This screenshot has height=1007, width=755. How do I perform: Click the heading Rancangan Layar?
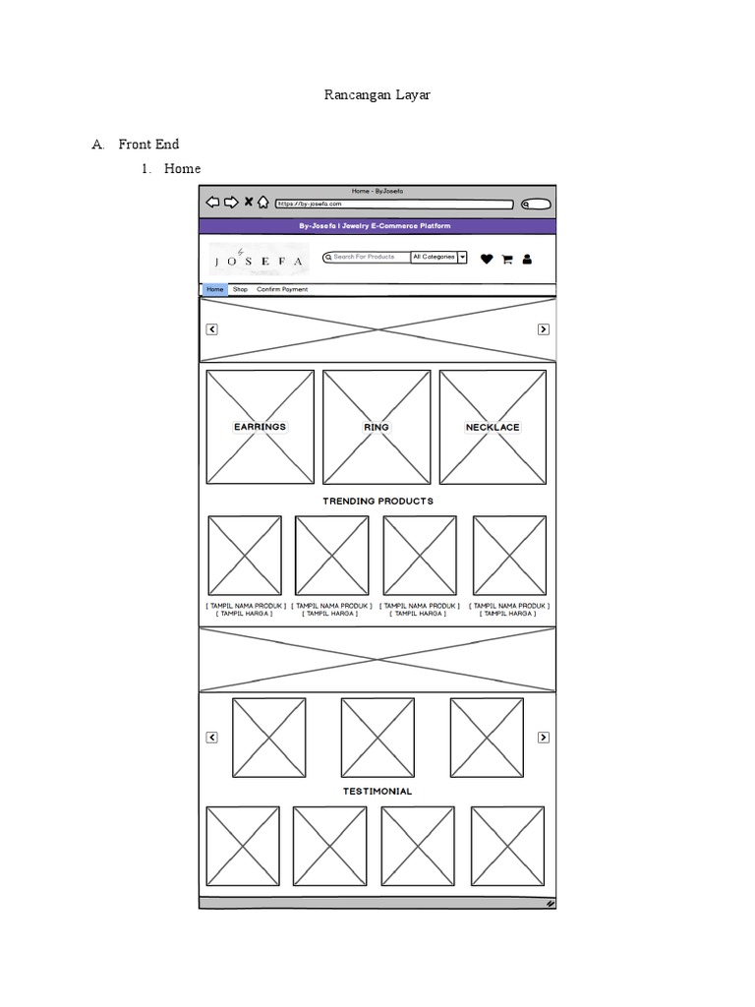click(377, 95)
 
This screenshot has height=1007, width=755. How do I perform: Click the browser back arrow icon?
click(212, 203)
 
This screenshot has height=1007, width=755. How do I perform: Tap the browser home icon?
click(263, 203)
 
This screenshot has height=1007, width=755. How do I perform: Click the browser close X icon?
click(249, 203)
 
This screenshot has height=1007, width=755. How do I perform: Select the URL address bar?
click(393, 204)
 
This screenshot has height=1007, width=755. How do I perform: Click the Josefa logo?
click(259, 259)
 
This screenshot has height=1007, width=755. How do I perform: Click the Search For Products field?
click(367, 257)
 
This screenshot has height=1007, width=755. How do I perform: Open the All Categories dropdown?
click(438, 257)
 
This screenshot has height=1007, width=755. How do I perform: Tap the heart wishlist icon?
click(487, 260)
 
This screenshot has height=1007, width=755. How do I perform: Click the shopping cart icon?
click(507, 260)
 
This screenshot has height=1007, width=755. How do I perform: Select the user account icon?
click(527, 260)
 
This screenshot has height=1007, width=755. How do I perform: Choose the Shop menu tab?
click(240, 289)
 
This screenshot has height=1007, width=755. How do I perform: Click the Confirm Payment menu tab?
click(282, 289)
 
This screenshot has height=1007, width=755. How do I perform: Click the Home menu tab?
click(214, 289)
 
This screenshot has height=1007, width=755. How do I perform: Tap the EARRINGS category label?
click(260, 427)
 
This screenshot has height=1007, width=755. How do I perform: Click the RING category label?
click(377, 427)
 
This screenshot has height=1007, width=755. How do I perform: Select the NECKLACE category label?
click(493, 427)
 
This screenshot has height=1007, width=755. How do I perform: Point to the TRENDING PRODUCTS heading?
click(377, 502)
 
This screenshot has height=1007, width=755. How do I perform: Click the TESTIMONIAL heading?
click(377, 792)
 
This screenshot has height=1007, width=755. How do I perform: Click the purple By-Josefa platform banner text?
click(376, 226)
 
